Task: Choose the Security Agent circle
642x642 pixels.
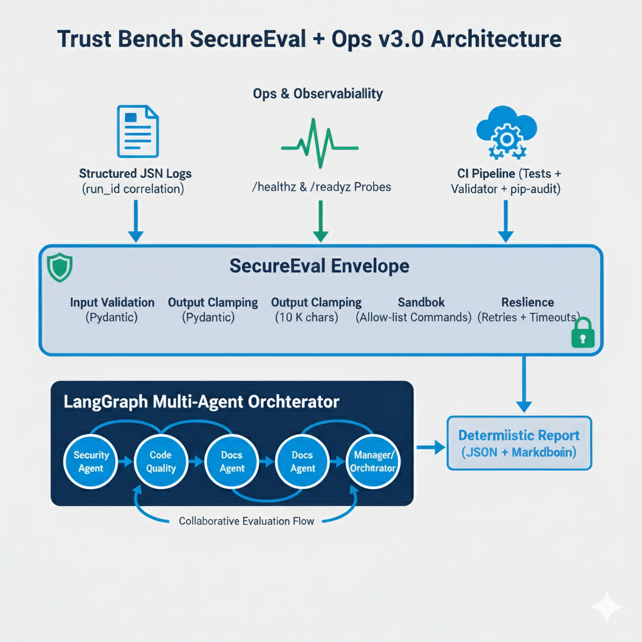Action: (x=91, y=461)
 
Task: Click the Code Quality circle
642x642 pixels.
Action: (x=161, y=461)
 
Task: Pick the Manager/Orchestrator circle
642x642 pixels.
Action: (x=372, y=461)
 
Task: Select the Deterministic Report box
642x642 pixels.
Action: (x=518, y=443)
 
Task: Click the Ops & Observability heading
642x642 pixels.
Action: (x=318, y=94)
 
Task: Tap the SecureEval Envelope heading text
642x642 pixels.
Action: (x=319, y=266)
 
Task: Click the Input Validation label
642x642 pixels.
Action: (x=112, y=302)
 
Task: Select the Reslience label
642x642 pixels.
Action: (x=527, y=302)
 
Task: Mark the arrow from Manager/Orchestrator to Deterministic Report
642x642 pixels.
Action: (x=430, y=447)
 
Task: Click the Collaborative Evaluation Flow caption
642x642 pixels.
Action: (x=246, y=521)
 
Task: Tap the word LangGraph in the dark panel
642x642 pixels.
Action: (x=106, y=401)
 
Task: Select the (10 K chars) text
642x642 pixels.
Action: (x=307, y=317)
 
